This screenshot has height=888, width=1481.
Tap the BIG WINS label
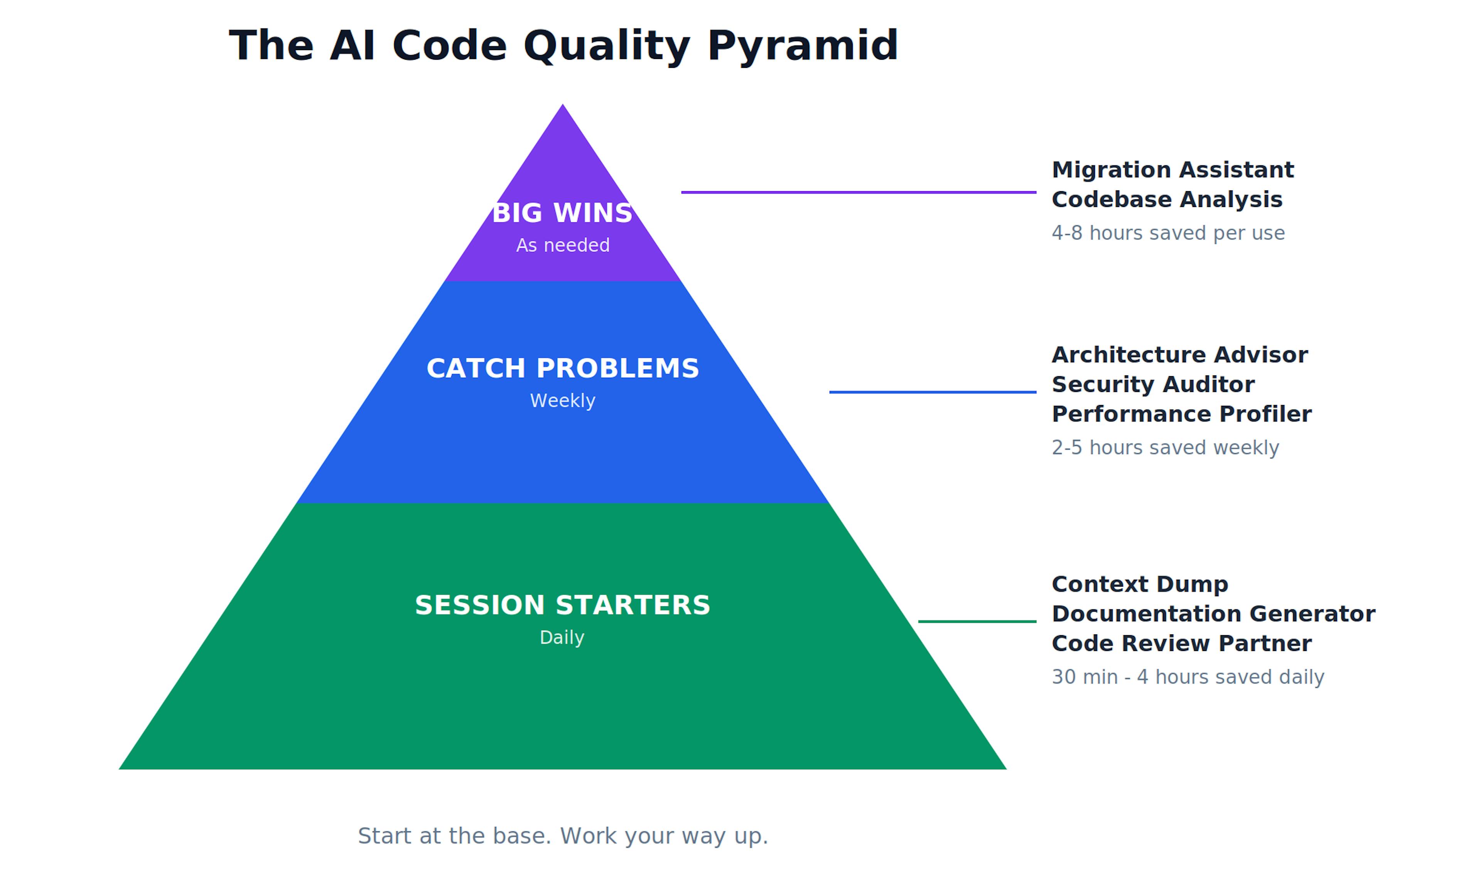pyautogui.click(x=562, y=214)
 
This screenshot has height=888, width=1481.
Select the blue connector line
pyautogui.click(x=932, y=392)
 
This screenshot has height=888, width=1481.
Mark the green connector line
pyautogui.click(x=977, y=621)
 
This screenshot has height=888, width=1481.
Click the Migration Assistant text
pyautogui.click(x=1172, y=170)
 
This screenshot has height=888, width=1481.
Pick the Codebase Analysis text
pyautogui.click(x=1167, y=200)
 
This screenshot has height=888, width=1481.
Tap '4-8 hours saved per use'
pyautogui.click(x=1168, y=233)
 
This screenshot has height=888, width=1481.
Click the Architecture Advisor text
pyautogui.click(x=1179, y=355)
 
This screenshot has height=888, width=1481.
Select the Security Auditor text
pyautogui.click(x=1152, y=385)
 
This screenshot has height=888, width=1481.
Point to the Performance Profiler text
pyautogui.click(x=1181, y=414)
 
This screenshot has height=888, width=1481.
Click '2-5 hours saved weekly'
pyautogui.click(x=1165, y=447)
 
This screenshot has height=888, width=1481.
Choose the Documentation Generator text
pyautogui.click(x=1213, y=614)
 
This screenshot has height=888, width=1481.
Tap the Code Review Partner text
pyautogui.click(x=1181, y=644)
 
